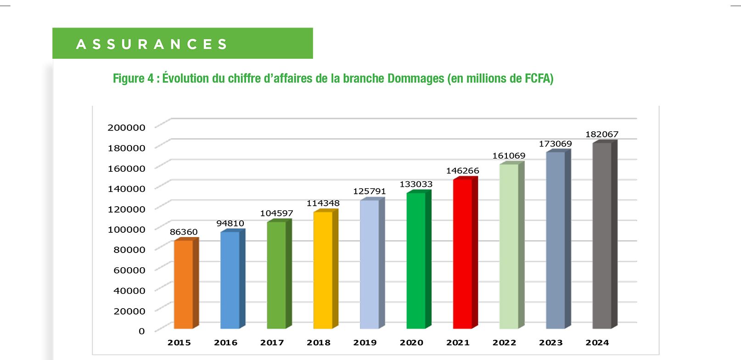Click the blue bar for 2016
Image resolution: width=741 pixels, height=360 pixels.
pyautogui.click(x=230, y=280)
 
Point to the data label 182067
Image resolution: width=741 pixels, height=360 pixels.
pyautogui.click(x=601, y=135)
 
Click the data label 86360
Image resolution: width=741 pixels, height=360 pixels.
pyautogui.click(x=184, y=232)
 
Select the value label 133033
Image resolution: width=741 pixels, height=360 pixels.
pyautogui.click(x=416, y=185)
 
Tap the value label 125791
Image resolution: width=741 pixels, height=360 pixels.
pyautogui.click(x=369, y=191)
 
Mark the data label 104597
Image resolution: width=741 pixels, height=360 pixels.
pyautogui.click(x=276, y=214)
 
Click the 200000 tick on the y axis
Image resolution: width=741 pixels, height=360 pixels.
pyautogui.click(x=126, y=128)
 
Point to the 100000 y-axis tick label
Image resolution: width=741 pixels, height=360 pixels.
pyautogui.click(x=126, y=230)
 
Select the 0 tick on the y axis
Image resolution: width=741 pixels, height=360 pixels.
pyautogui.click(x=141, y=331)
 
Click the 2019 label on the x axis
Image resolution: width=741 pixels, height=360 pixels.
pyautogui.click(x=365, y=343)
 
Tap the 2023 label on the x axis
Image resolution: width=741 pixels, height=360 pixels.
pyautogui.click(x=550, y=343)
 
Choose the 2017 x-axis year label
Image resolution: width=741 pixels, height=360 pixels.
pyautogui.click(x=272, y=343)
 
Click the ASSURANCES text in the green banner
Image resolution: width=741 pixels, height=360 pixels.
pyautogui.click(x=152, y=44)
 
